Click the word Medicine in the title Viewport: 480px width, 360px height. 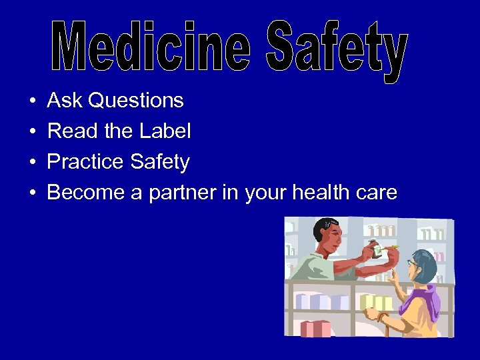point(151,47)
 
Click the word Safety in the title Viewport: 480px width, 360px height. point(336,50)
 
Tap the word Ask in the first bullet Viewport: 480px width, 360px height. point(65,101)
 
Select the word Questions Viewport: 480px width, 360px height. point(136,101)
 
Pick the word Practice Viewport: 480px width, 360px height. point(85,162)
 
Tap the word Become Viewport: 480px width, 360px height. point(82,193)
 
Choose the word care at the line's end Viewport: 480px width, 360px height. point(375,193)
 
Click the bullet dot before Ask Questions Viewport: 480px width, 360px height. point(33,101)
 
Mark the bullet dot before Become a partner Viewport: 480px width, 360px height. point(33,193)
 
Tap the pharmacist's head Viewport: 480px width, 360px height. point(327,230)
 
